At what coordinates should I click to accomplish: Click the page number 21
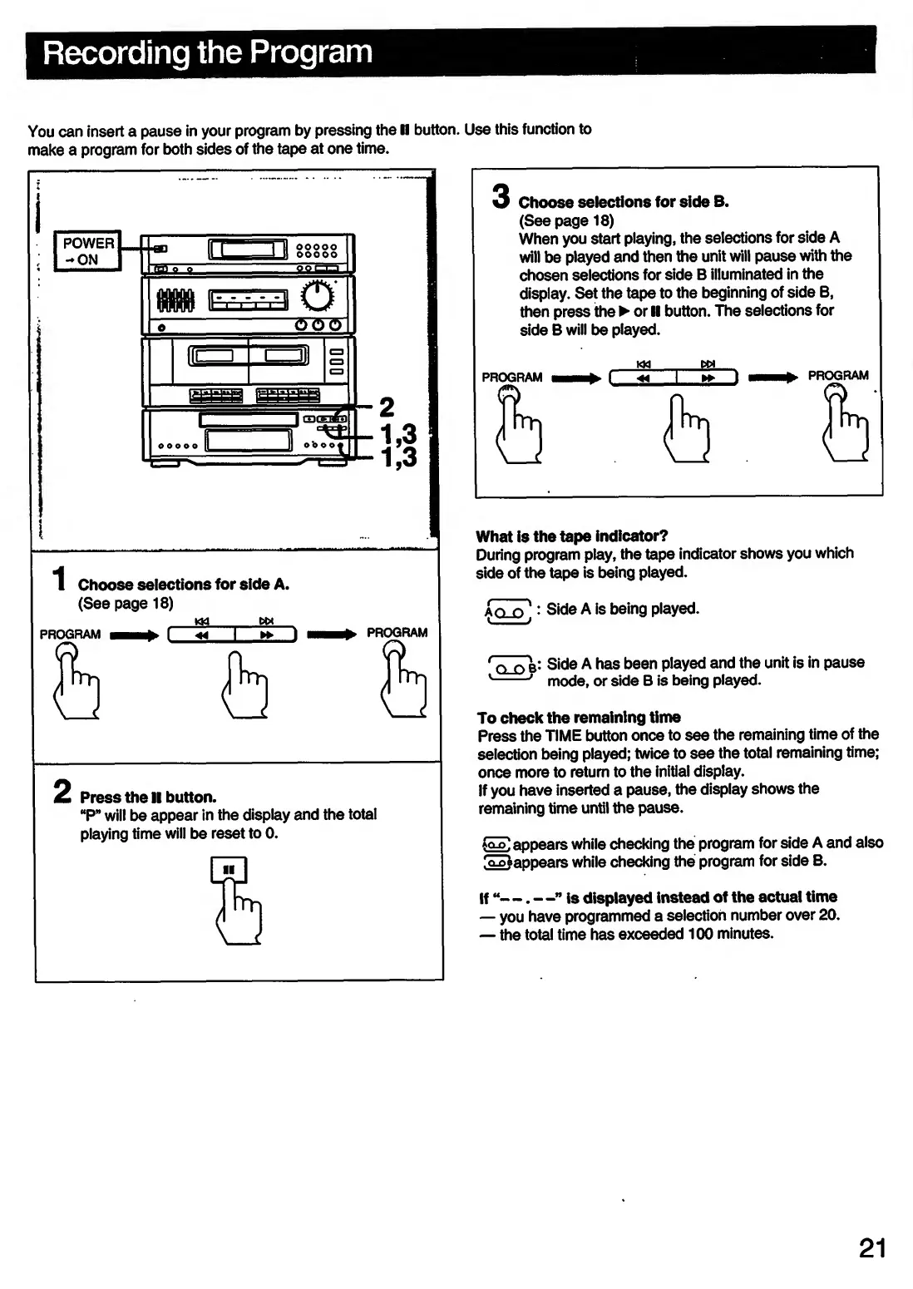pyautogui.click(x=872, y=1249)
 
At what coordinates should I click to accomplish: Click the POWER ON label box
pyautogui.click(x=87, y=250)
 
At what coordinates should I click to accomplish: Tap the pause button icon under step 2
pyautogui.click(x=229, y=872)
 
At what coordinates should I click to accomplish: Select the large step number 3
pyautogui.click(x=500, y=196)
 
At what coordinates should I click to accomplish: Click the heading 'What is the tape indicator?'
pyautogui.click(x=572, y=536)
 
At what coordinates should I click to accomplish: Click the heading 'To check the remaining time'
pyautogui.click(x=579, y=717)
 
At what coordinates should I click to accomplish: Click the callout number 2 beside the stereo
pyautogui.click(x=386, y=407)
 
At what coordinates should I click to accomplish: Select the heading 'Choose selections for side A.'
pyautogui.click(x=184, y=585)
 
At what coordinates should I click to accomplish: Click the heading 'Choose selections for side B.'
pyautogui.click(x=624, y=202)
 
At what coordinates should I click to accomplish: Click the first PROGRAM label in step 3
pyautogui.click(x=512, y=378)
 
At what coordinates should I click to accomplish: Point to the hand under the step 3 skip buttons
pyautogui.click(x=688, y=427)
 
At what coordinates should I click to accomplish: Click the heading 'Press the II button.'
pyautogui.click(x=148, y=797)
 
